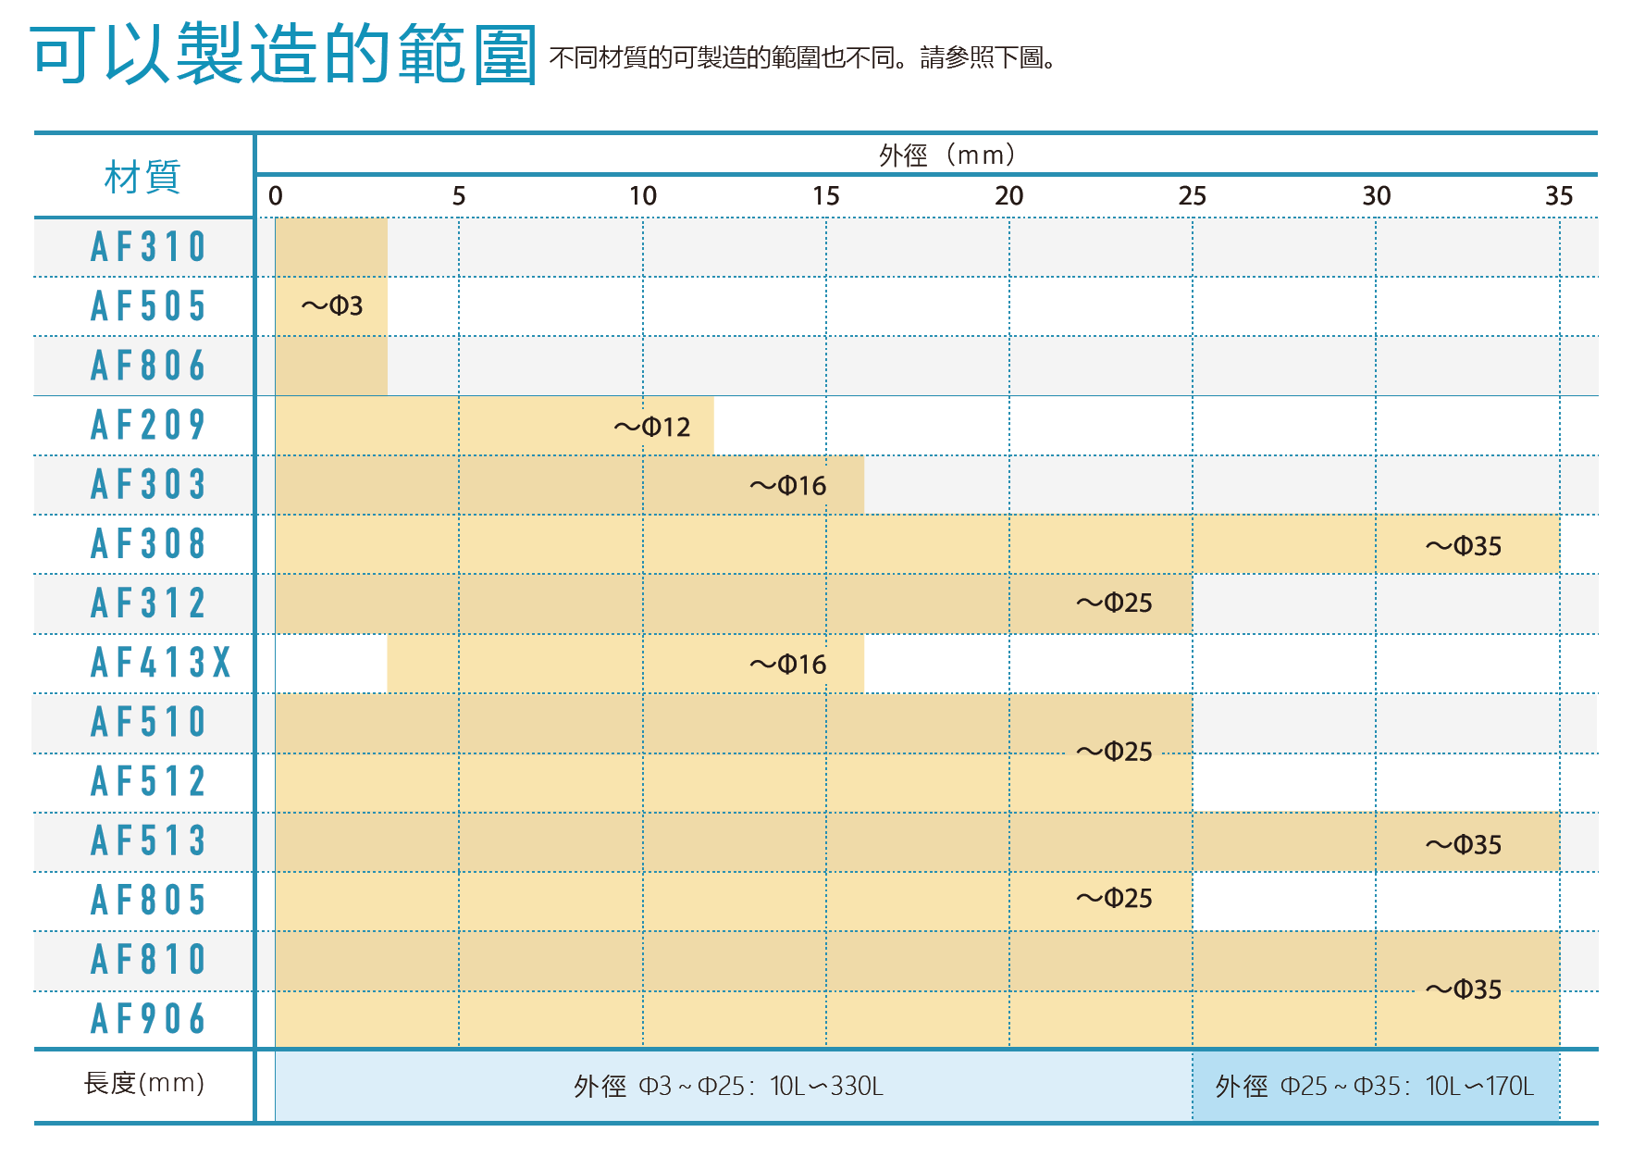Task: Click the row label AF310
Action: [x=148, y=247]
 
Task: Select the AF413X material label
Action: [x=161, y=663]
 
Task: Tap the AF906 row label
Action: [x=148, y=1019]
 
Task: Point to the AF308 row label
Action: [x=148, y=544]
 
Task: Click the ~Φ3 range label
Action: [x=332, y=305]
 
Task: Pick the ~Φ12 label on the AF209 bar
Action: [x=652, y=427]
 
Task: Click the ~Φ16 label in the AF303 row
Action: [x=788, y=486]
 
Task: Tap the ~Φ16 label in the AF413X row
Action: [x=788, y=665]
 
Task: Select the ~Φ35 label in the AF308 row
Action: [x=1464, y=546]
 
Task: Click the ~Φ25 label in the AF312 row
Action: [x=1114, y=603]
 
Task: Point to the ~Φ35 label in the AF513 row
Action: [x=1464, y=845]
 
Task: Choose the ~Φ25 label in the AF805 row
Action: [x=1114, y=899]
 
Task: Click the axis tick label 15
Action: [x=825, y=196]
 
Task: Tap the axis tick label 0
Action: [x=276, y=196]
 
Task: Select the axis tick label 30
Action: [x=1376, y=196]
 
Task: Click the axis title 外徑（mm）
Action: [x=947, y=155]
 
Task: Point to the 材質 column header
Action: [x=142, y=177]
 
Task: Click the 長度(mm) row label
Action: [x=144, y=1083]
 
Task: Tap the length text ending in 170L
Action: [x=1375, y=1086]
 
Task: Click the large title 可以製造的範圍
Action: [x=283, y=54]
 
